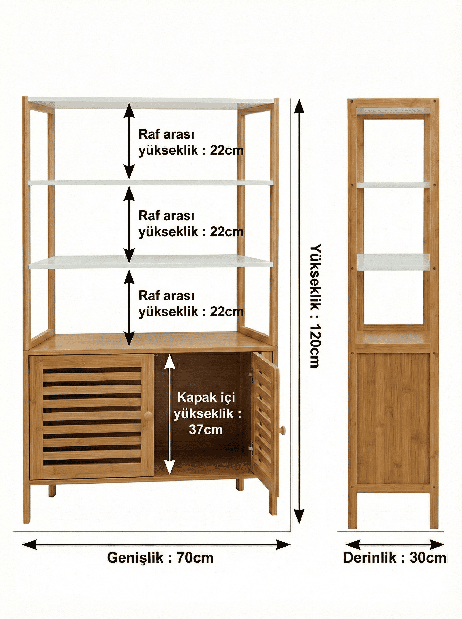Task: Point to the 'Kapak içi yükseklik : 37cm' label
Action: [206, 413]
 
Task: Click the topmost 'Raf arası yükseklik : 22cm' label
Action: [191, 142]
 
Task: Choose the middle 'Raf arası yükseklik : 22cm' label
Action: [191, 224]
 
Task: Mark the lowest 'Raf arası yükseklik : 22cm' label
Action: [191, 304]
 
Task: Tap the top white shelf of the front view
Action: [151, 103]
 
